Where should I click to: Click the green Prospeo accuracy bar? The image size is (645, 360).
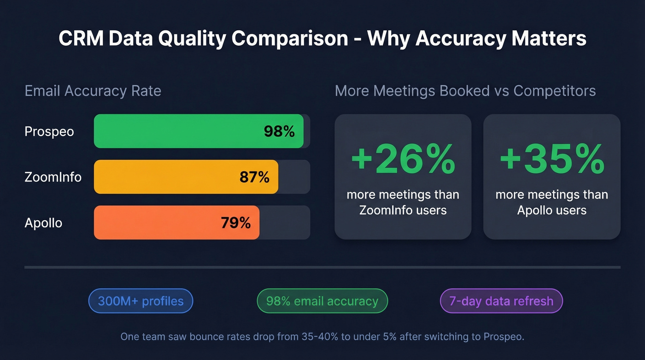(184, 131)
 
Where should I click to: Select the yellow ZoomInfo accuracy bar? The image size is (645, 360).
(175, 177)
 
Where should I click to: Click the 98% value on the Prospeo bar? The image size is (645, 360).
(279, 131)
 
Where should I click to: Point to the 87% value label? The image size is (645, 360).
(254, 177)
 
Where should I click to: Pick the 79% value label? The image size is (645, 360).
(236, 223)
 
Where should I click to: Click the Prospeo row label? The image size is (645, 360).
(49, 131)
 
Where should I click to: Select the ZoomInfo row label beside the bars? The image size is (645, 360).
(53, 177)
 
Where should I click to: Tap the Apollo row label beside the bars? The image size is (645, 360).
(43, 223)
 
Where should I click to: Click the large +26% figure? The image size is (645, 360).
(403, 159)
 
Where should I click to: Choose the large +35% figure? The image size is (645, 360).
(551, 159)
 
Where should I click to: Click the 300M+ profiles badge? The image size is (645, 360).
(141, 301)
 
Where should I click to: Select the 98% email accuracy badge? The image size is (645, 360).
(322, 301)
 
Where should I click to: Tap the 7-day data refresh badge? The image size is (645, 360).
(501, 301)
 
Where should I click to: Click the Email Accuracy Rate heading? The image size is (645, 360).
(93, 91)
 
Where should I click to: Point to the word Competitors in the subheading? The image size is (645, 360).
(555, 91)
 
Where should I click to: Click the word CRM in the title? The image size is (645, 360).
(80, 39)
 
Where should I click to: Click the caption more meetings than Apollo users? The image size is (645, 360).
(551, 202)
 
